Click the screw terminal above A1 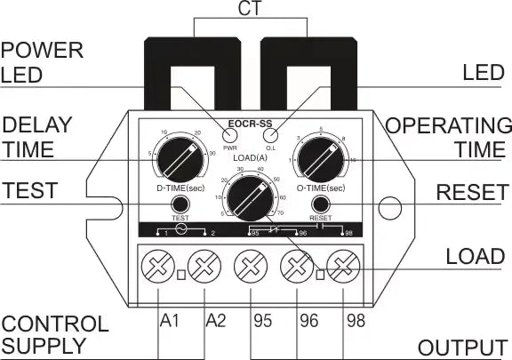click(158, 265)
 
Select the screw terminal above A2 click(205, 265)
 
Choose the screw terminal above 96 click(296, 265)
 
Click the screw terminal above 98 click(342, 265)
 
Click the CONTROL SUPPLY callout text click(55, 334)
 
